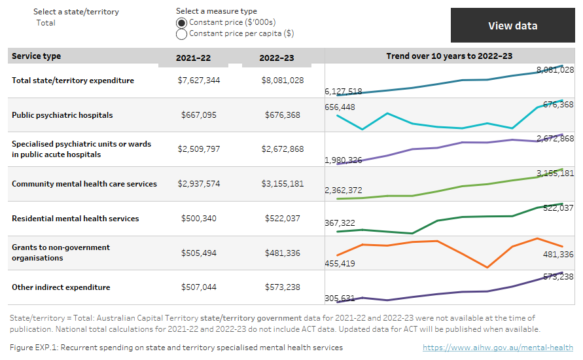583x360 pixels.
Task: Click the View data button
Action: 512,26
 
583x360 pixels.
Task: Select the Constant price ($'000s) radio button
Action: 182,23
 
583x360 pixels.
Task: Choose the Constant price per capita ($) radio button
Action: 182,34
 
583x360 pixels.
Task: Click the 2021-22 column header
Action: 193,58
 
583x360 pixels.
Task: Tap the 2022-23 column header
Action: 277,58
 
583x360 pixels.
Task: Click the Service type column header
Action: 37,56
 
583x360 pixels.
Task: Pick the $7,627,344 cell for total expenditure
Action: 199,81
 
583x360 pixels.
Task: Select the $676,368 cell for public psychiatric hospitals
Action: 283,115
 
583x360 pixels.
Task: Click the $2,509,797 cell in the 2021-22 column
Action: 199,149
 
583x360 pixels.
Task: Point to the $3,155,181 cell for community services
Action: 283,184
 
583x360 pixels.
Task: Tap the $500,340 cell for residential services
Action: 199,219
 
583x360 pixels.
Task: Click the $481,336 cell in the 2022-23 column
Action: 283,253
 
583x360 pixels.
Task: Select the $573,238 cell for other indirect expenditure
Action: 283,287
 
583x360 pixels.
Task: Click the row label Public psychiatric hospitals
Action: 62,115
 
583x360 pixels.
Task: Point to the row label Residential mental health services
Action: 75,219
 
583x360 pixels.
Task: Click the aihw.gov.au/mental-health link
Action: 498,348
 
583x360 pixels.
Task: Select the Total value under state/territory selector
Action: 46,23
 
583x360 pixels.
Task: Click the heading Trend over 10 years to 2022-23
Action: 449,56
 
